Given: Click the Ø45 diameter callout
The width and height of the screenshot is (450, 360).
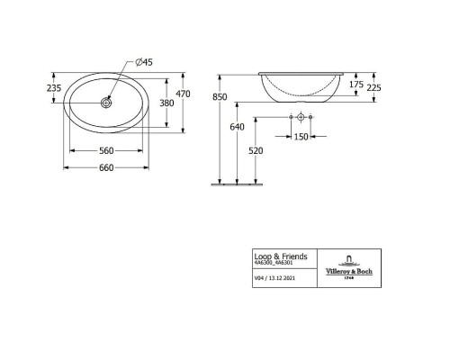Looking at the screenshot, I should (x=146, y=62).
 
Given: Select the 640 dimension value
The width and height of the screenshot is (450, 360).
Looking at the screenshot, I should (x=237, y=127).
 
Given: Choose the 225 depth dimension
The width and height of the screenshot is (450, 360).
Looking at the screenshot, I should (x=387, y=87).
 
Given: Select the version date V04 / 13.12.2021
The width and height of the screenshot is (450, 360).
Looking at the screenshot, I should (x=274, y=279).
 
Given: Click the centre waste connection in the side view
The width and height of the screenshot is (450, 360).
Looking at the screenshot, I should (x=301, y=117).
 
